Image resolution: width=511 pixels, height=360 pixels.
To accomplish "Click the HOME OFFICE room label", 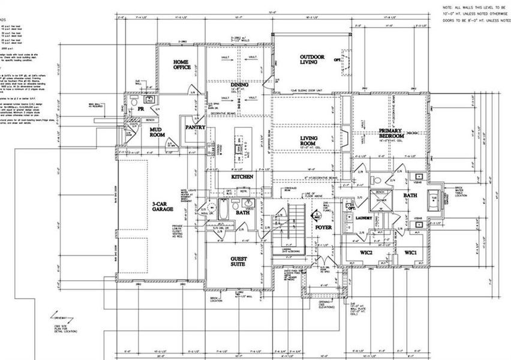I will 182,65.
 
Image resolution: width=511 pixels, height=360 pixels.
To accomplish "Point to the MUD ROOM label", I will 157,133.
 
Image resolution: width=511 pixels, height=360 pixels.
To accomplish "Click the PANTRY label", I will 196,127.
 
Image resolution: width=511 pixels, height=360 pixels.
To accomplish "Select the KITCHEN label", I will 242,177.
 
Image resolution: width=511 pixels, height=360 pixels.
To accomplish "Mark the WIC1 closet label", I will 414,252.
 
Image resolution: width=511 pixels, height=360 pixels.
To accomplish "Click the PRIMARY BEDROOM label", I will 391,134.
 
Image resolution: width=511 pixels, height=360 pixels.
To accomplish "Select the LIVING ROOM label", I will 308,142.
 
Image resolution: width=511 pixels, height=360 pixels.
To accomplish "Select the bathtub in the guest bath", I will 223,211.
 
